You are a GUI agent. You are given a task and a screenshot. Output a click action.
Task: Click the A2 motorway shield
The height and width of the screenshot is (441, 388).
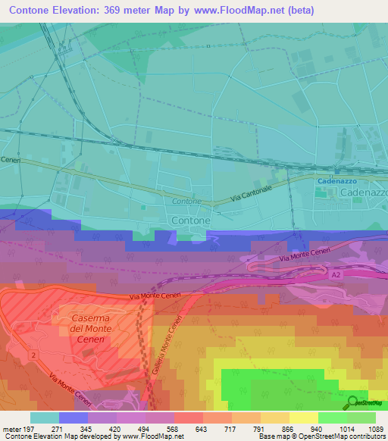click(x=334, y=276)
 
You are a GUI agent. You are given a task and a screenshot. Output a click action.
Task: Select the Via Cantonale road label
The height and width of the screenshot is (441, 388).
click(x=251, y=193)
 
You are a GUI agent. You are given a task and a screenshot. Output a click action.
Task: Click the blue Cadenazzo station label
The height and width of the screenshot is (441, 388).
click(x=336, y=182)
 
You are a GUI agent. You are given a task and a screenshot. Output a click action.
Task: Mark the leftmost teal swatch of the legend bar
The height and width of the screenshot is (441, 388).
click(x=44, y=418)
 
